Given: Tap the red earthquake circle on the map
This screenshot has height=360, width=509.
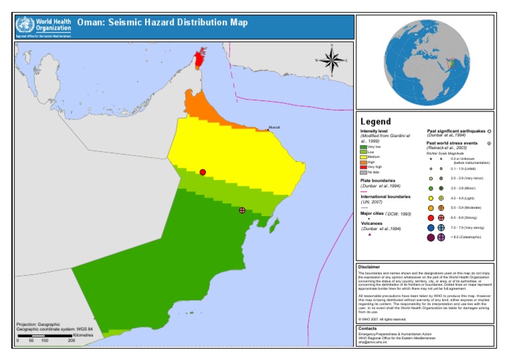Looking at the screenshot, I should coord(203,172).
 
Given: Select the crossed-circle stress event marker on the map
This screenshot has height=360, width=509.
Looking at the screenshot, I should coord(242,210).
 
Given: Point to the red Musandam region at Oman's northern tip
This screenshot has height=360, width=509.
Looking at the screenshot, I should coord(198,58).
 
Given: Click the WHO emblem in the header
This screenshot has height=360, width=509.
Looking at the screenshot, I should coord(25,26).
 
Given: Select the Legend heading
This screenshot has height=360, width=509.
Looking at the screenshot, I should coord(375,121).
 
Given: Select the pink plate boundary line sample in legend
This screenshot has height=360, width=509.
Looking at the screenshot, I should coord(364,192).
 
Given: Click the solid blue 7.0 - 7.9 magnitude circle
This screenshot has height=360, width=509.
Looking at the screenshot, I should coord(430,227).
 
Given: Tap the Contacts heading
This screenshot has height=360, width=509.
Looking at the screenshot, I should coord(368,328).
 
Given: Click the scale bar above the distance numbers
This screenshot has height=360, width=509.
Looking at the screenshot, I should coord(44,336).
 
